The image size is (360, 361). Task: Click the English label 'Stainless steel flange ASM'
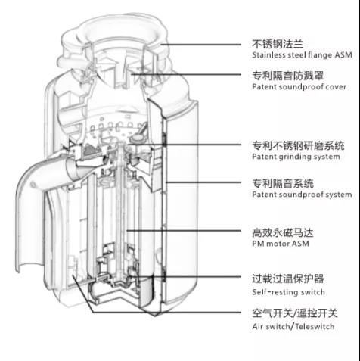tap(302, 55)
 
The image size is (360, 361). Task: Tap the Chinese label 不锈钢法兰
tap(278, 44)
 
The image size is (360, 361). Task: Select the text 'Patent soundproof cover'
tap(299, 87)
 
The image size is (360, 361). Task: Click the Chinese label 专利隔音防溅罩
tap(288, 76)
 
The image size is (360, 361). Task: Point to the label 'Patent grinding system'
tap(296, 157)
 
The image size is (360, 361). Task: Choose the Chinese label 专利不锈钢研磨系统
tap(298, 145)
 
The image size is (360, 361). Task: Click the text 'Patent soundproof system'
tap(302, 195)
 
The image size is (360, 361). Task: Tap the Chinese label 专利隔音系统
tap(283, 183)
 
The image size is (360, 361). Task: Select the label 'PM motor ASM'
tap(281, 244)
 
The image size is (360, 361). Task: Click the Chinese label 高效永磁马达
tap(283, 232)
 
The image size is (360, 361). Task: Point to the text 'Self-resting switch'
tap(288, 292)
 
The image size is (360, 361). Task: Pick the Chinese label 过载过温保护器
tap(288, 279)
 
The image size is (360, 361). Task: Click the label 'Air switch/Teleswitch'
tap(293, 327)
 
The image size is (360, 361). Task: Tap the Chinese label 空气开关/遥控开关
tap(295, 313)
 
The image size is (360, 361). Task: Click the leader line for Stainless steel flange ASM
tap(201, 45)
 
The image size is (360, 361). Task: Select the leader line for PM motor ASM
tap(184, 231)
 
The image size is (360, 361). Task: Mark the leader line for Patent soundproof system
tap(203, 182)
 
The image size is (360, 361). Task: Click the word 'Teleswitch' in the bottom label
tap(315, 327)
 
